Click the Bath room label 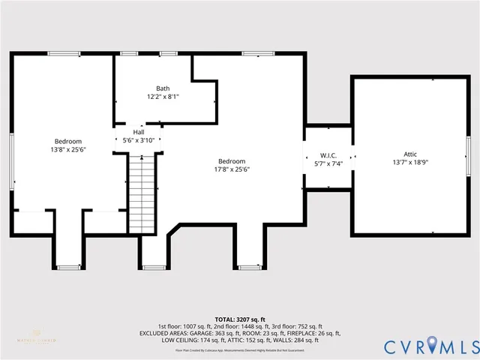(163, 88)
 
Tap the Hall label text (139, 131)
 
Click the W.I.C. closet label (327, 154)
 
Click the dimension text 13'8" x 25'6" (68, 149)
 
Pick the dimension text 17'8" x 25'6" (232, 169)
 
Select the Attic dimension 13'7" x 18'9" (410, 162)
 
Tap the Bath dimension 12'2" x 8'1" (163, 97)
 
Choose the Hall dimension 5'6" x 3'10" (139, 140)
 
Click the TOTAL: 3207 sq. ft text (240, 319)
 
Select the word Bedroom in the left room (68, 141)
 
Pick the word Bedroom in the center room (232, 161)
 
